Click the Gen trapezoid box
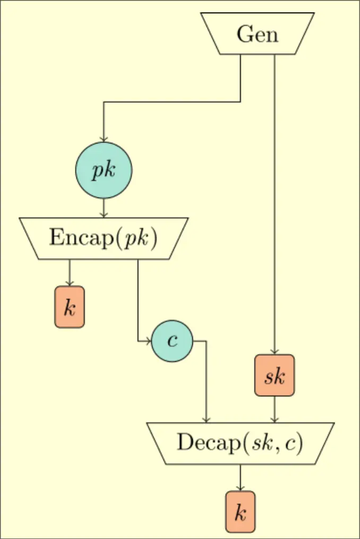[258, 34]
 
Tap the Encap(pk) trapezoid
[104, 238]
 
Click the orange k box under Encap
[70, 307]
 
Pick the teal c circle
[172, 341]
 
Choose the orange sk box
[275, 375]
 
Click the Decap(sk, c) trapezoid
[240, 443]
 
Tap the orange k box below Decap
[241, 512]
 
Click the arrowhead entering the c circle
[149, 341]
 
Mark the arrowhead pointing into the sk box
[275, 352]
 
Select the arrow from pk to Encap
[104, 208]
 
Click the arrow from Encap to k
[70, 272]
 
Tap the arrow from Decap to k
[241, 477]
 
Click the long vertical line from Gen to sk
[275, 202]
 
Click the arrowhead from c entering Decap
[206, 420]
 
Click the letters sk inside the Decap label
[261, 443]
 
